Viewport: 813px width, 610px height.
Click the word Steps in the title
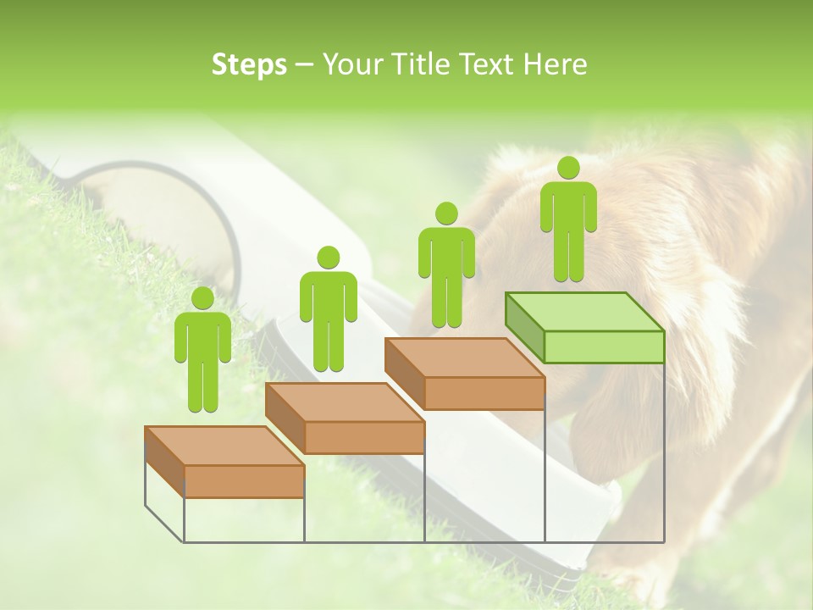click(249, 65)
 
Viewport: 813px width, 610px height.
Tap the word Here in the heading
click(555, 65)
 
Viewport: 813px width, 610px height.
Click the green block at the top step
click(584, 326)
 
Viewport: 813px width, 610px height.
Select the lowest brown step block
click(224, 462)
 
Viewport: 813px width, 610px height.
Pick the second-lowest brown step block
click(345, 418)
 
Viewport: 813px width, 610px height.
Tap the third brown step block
click(464, 374)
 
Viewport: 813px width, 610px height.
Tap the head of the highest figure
click(568, 168)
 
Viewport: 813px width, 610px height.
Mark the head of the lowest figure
click(203, 298)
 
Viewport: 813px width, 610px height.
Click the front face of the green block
click(604, 347)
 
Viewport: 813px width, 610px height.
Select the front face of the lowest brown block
click(244, 481)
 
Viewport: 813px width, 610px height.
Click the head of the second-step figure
click(328, 258)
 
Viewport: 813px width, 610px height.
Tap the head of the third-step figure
click(446, 213)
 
